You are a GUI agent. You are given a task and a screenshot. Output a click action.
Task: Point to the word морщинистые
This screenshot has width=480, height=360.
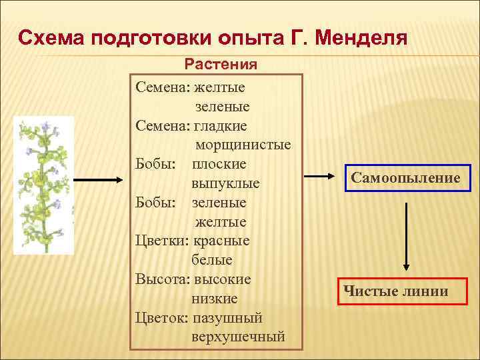coord(243,144)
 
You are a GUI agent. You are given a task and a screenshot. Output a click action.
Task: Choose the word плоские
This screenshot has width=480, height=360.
coord(219,163)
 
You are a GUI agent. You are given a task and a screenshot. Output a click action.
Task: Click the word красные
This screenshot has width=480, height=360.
coord(223,240)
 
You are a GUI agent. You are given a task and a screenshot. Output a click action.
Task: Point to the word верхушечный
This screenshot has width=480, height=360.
coord(238,337)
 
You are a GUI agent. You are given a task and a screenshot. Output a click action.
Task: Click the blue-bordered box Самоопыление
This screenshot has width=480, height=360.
coord(406,178)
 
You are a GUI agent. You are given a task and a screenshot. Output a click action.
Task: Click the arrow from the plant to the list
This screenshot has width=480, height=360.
coord(97,179)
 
